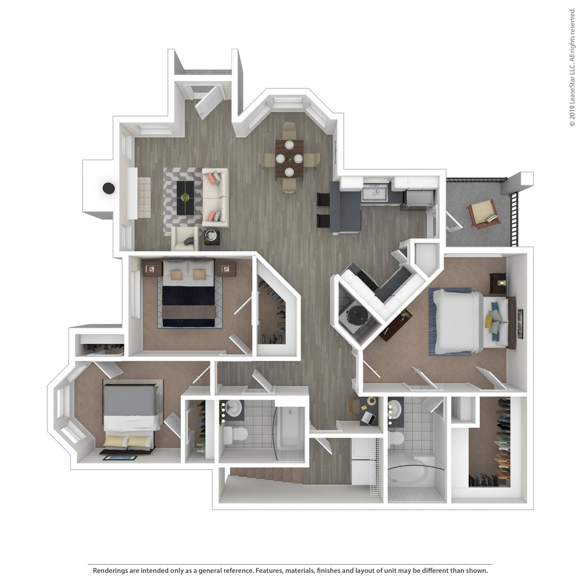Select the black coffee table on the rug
185,198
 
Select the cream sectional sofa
216,198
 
